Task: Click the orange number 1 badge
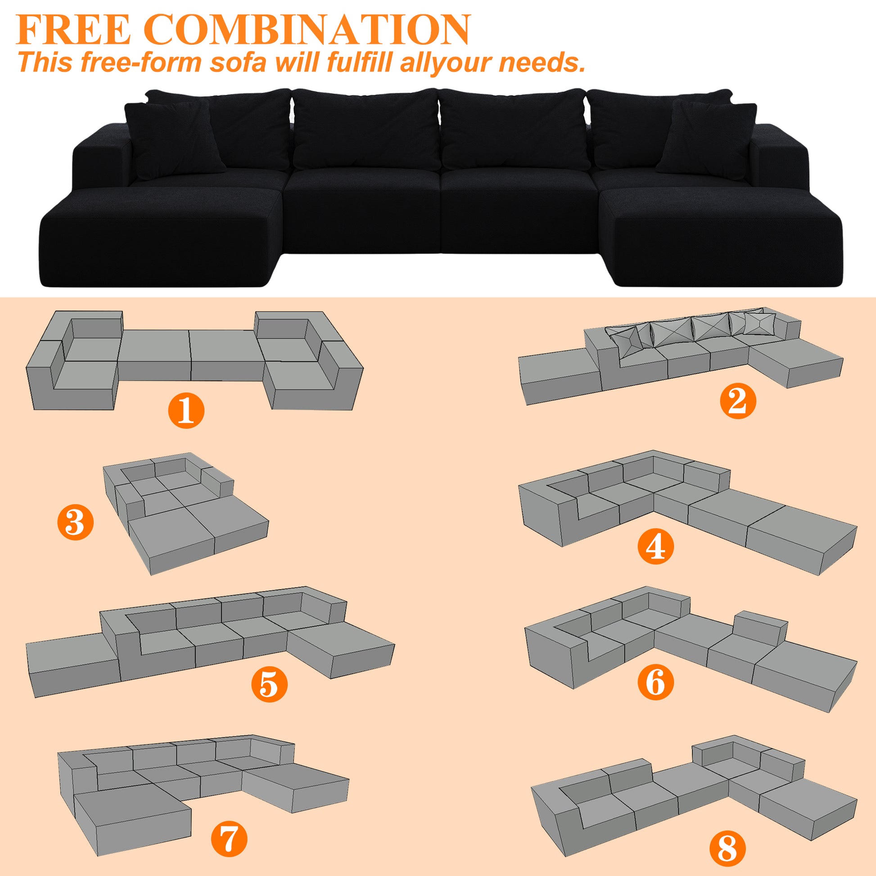tap(186, 411)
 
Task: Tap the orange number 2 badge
tap(738, 401)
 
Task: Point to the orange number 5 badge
tap(269, 684)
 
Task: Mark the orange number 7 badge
tap(230, 838)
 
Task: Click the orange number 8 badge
tap(727, 848)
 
